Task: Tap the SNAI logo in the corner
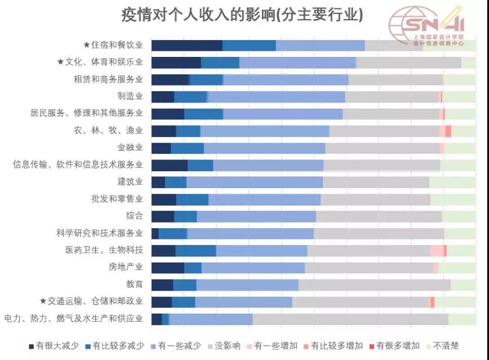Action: coord(428,25)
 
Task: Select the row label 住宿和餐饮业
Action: coord(113,45)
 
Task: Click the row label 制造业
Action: coord(130,96)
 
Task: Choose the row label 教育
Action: coord(135,284)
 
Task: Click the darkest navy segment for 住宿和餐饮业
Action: coord(187,46)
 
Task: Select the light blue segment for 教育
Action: coord(247,285)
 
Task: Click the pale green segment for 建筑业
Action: coord(452,182)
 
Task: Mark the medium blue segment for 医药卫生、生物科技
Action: coord(195,251)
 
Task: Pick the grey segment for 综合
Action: coord(379,216)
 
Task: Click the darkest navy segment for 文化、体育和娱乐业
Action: coord(176,63)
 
